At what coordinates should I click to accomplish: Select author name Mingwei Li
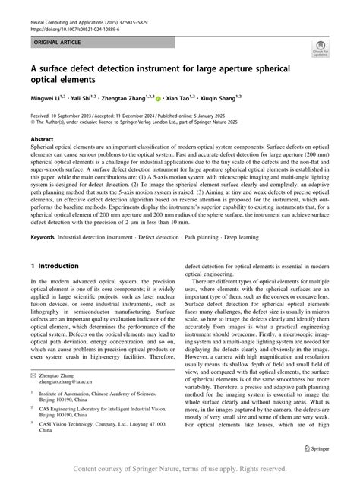(x=46, y=97)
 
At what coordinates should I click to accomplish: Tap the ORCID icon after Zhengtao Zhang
(x=158, y=98)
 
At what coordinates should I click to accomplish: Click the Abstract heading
(x=41, y=141)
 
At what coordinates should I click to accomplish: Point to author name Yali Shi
(x=84, y=97)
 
